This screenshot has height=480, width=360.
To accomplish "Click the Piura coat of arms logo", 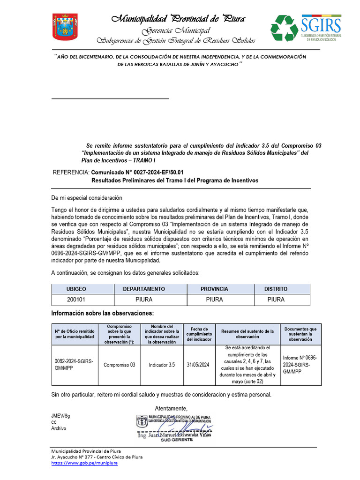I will [65, 27].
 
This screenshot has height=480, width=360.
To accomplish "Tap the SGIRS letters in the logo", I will [321, 23].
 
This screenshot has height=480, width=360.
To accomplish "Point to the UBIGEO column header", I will [76, 289].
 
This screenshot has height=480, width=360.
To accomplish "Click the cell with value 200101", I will [76, 300].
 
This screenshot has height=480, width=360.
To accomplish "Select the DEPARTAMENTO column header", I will [144, 289].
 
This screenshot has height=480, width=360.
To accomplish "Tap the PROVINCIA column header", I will [214, 289].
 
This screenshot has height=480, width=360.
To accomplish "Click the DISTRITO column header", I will [276, 289].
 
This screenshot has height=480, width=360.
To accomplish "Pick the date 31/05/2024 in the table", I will [199, 365].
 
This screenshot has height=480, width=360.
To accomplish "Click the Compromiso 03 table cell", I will [119, 365].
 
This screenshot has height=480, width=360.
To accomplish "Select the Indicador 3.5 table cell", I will [162, 365].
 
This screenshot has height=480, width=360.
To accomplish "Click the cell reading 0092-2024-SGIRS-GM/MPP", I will [74, 365].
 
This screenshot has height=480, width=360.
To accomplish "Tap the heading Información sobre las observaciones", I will [102, 313].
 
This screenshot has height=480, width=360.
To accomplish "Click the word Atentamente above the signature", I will [171, 408].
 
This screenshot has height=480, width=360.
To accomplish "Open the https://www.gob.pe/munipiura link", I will [84, 463].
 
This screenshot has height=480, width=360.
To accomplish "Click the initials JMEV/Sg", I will [60, 416].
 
